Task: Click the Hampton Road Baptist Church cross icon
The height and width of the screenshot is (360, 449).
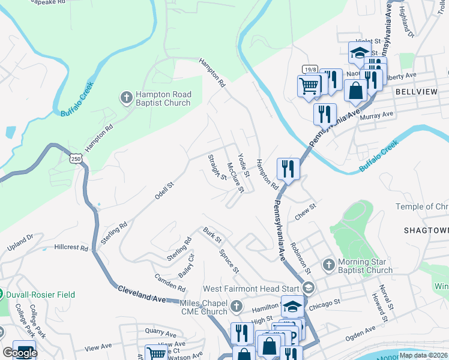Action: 127,97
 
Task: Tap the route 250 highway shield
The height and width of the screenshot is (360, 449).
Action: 76,158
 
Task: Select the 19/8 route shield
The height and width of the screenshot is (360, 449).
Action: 310,70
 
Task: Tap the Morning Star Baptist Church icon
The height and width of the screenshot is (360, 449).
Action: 328,264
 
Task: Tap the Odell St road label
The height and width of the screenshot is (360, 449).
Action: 164,191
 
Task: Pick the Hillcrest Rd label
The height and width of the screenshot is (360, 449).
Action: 71,247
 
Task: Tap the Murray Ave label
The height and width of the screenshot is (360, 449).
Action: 376,115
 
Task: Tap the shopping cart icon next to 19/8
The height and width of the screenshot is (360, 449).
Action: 309,85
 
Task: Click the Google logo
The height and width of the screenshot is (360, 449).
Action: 20,352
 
